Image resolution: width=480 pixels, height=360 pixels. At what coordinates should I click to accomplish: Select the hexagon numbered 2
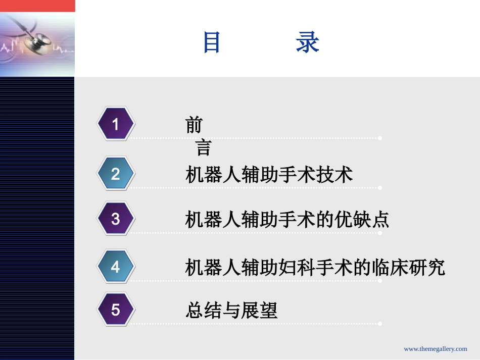point(116,174)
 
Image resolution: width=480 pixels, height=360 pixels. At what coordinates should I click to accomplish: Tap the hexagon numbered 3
point(116,219)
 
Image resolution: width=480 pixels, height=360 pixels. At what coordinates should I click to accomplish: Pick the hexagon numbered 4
point(116,266)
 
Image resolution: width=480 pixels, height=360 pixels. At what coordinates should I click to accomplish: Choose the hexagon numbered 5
point(116,309)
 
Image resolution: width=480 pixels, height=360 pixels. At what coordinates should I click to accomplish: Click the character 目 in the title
point(212,42)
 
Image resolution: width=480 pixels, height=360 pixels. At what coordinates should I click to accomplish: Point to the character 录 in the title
point(307,42)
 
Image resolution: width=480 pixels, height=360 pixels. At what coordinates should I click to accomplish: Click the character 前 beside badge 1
point(194,125)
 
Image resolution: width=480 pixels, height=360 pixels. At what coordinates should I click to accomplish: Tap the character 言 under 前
point(203,147)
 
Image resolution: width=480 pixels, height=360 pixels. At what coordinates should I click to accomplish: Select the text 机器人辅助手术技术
point(269,175)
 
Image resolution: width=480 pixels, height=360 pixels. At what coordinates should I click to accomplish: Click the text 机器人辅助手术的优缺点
point(287,220)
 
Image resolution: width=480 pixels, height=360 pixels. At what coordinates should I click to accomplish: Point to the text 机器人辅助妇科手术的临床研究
point(315,267)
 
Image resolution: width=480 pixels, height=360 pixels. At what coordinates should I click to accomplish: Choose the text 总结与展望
point(231,310)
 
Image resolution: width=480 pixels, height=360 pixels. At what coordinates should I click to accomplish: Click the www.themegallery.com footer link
point(436,349)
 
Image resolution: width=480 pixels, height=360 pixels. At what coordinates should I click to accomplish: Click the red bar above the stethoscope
point(37,6)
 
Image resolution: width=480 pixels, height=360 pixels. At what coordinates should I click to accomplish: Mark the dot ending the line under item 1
point(380,138)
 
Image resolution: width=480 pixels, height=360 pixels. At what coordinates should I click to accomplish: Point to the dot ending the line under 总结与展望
point(380,324)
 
